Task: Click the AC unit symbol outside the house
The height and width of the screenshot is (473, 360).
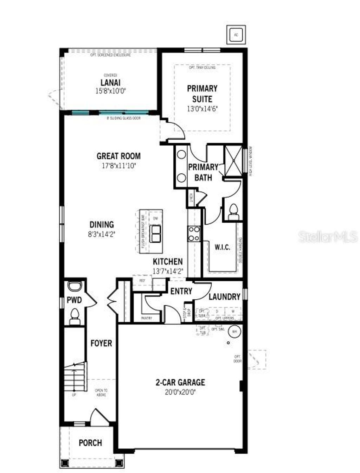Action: [x=236, y=35]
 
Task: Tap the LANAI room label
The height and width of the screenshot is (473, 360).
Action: [x=110, y=83]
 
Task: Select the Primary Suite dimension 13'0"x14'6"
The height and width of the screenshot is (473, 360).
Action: [x=202, y=109]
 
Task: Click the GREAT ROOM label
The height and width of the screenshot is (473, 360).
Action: [x=118, y=156]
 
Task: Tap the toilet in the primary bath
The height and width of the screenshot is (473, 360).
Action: [x=233, y=212]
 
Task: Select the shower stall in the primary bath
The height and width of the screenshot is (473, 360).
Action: [x=233, y=159]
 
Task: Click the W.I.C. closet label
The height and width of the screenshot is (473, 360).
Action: [x=223, y=247]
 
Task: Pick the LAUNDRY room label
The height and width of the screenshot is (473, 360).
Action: [x=224, y=296]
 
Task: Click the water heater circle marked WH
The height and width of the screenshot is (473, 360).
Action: [x=234, y=331]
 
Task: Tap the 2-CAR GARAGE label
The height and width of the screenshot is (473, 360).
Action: [x=180, y=382]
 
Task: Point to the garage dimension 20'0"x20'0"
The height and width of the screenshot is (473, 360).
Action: [x=180, y=392]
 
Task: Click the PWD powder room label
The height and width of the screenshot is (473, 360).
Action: [x=74, y=300]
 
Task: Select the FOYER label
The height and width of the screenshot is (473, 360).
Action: [x=101, y=343]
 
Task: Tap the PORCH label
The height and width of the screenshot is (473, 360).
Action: [x=90, y=443]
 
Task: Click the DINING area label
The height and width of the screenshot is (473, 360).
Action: [x=102, y=224]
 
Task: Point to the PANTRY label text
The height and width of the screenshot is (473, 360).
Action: [x=147, y=318]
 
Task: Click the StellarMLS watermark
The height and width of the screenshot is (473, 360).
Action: [x=328, y=237]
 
